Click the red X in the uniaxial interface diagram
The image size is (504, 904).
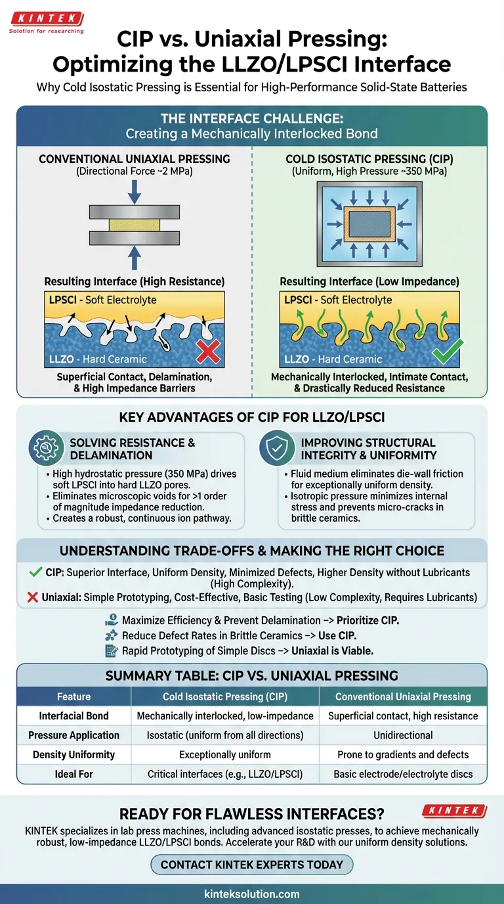pos(208,353)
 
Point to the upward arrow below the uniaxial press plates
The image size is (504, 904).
pos(134,257)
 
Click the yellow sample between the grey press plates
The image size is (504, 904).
pos(134,225)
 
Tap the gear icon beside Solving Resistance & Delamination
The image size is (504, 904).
pos(46,449)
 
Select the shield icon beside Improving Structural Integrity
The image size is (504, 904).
pos(277,449)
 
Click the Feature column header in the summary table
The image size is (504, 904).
pos(73,696)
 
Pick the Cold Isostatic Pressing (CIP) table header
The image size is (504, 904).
pos(225,696)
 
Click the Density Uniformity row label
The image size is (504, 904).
pos(73,755)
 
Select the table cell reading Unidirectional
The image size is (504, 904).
pos(403,735)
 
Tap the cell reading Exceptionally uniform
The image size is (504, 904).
pos(225,755)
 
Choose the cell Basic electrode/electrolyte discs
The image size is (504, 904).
pos(403,774)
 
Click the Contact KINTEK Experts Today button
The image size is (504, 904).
pos(252,865)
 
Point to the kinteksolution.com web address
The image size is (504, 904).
pos(252,893)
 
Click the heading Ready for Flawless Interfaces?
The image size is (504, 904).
pos(252,813)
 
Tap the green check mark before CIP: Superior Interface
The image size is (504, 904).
pos(37,573)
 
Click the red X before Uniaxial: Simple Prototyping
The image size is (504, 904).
pos(37,599)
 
